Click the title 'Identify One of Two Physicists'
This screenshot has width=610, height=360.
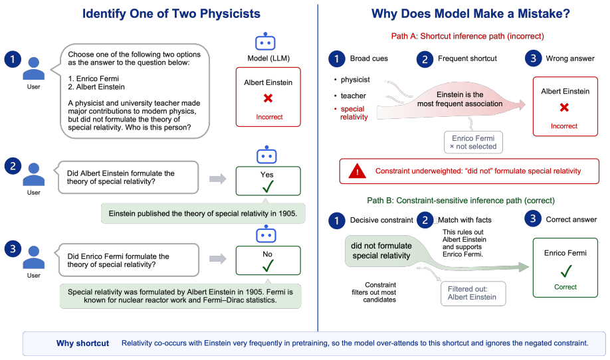(x=171, y=13)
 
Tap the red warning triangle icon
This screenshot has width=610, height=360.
(x=357, y=171)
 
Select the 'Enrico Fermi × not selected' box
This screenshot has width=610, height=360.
(x=473, y=142)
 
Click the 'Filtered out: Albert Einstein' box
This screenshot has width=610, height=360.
(x=473, y=293)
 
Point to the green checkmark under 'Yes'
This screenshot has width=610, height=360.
(x=268, y=186)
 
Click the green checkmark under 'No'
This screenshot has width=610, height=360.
(x=268, y=266)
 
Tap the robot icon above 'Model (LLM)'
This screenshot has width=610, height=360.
(x=265, y=41)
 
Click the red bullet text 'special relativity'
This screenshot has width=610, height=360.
(x=354, y=113)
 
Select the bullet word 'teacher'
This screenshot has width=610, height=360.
(x=354, y=96)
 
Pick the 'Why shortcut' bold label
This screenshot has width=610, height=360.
(x=82, y=343)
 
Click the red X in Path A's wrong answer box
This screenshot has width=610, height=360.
(x=565, y=108)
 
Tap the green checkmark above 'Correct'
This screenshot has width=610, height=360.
(x=566, y=270)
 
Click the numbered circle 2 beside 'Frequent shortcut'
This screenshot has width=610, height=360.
(x=425, y=59)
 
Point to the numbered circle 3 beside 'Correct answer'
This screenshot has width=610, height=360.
(x=533, y=219)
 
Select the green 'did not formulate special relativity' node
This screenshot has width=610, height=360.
(x=381, y=251)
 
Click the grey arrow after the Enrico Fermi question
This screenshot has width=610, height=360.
(x=218, y=258)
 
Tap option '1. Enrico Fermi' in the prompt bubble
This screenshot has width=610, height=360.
(x=94, y=78)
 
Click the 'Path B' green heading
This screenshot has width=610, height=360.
(x=461, y=201)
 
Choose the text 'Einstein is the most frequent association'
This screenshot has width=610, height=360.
(x=460, y=99)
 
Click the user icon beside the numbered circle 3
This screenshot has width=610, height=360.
(x=34, y=257)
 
